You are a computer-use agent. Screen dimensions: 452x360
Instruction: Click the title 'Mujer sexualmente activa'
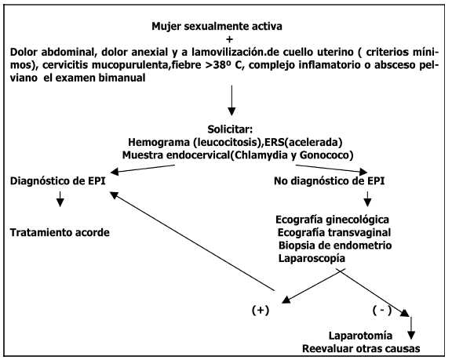(217, 27)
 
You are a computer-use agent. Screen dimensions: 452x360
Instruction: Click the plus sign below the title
(229, 39)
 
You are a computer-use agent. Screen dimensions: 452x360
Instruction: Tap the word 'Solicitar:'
(230, 129)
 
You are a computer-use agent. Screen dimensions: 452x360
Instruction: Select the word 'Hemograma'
(159, 142)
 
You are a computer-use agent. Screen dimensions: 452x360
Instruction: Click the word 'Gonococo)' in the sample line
(326, 155)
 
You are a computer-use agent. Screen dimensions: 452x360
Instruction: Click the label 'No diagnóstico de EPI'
(330, 181)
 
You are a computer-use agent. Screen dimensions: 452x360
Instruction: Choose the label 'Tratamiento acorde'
(60, 232)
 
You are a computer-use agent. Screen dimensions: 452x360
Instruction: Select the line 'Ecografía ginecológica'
(333, 220)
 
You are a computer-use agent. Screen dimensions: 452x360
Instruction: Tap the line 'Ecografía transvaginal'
(334, 232)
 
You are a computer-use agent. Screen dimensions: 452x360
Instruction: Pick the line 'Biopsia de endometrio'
(335, 245)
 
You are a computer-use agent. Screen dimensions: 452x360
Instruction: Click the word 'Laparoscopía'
(312, 258)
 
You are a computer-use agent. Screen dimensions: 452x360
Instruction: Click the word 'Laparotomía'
(361, 336)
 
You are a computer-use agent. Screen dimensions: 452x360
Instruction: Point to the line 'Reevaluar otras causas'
(361, 349)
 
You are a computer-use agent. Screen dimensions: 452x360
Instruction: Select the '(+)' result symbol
(261, 311)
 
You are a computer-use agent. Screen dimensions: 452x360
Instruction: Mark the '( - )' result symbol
(382, 310)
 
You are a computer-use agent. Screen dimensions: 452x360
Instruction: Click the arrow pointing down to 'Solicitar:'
(231, 100)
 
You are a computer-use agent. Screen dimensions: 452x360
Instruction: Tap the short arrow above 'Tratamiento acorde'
(60, 199)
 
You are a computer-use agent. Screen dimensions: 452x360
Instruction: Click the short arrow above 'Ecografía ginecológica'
(367, 199)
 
